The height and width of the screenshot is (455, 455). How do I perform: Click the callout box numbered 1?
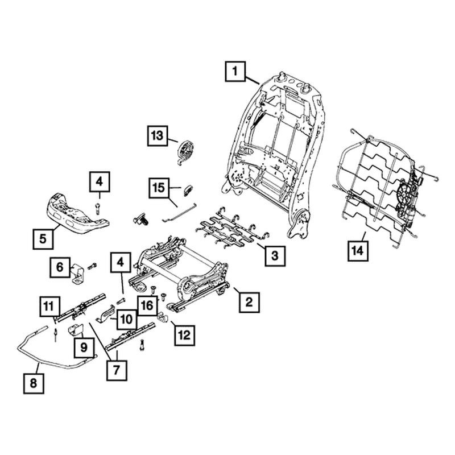pos(235,72)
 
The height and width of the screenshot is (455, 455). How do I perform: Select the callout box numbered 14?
pos(358,251)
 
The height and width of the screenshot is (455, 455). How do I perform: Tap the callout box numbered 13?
pos(158,135)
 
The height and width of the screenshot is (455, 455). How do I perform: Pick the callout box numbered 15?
pos(159,188)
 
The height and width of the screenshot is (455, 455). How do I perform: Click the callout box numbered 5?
pos(43,239)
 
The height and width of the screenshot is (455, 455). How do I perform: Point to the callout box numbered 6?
pos(60,267)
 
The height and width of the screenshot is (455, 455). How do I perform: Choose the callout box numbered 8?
pos(34,383)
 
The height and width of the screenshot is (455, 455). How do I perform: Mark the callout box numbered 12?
pos(184,336)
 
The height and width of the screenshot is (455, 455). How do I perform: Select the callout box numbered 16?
pos(147,305)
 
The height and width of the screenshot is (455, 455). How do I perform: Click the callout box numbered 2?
pos(249,303)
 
